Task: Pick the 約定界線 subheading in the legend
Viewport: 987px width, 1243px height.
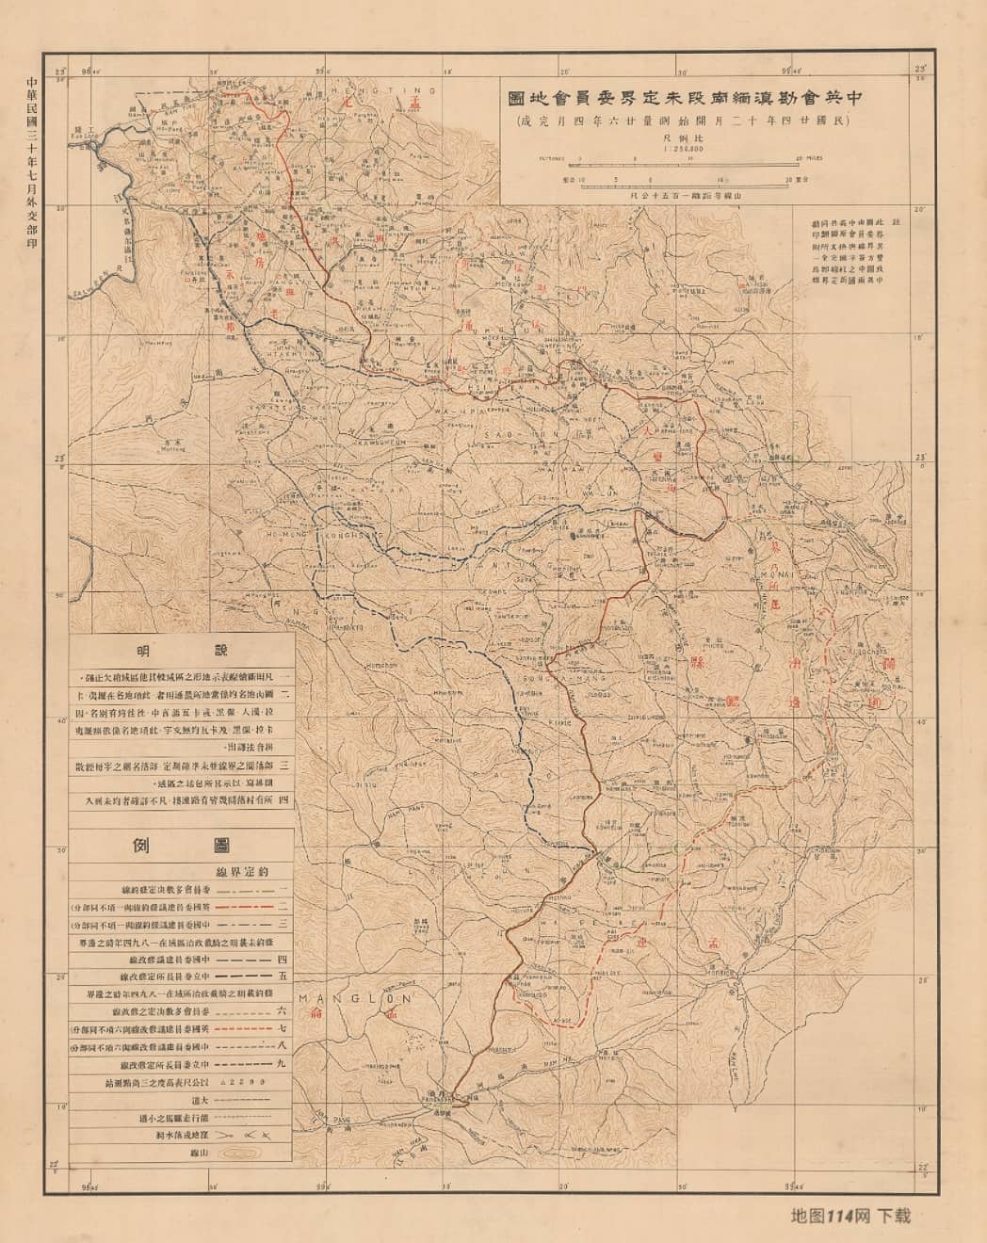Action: tap(225, 871)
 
